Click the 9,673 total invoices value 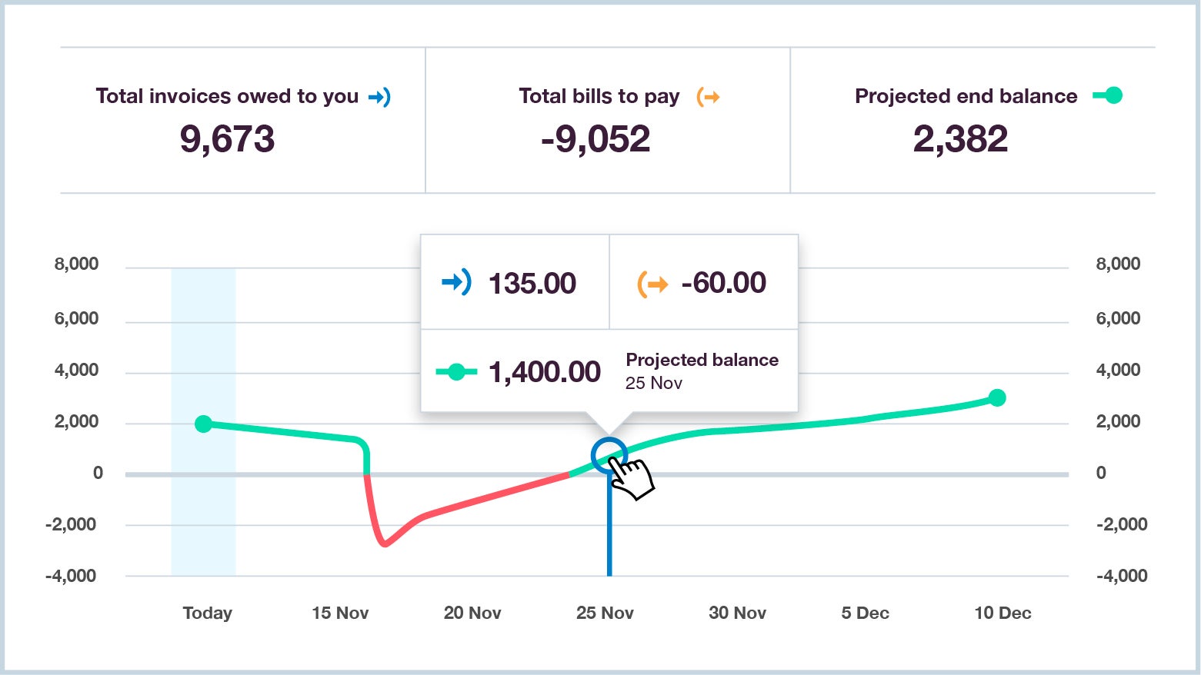tap(227, 139)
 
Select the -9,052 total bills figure tap(595, 139)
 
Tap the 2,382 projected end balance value tap(960, 139)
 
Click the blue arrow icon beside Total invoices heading tap(379, 97)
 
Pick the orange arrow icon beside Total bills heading tap(708, 97)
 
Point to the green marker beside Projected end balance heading tap(1108, 95)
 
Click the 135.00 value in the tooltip tap(532, 283)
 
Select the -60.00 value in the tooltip tap(723, 283)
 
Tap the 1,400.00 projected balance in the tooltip tap(544, 372)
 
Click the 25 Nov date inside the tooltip tap(653, 383)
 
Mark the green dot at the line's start tap(203, 424)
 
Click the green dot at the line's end tap(997, 397)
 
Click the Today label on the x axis tap(207, 613)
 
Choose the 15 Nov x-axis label tap(340, 613)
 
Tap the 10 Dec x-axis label tap(1003, 613)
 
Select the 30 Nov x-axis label tap(737, 613)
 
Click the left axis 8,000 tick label tap(76, 264)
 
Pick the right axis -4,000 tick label tap(1121, 576)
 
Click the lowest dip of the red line tap(385, 544)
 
